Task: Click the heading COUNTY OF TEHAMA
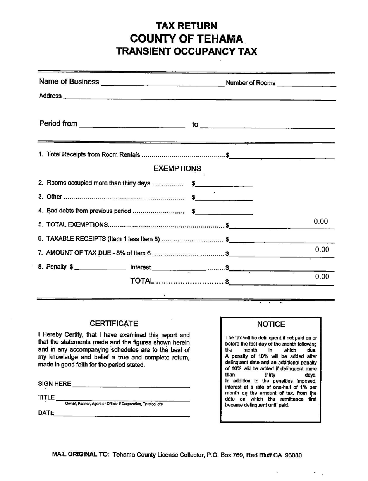coord(187,39)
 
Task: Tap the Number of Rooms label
coord(251,83)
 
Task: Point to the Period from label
coord(58,123)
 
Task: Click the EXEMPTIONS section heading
coord(177,169)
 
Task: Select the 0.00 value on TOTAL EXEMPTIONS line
coord(321,221)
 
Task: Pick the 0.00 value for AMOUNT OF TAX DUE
coord(322,250)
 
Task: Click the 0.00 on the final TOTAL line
coord(322,276)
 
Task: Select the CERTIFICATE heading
coord(113,324)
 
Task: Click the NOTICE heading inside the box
coord(271,324)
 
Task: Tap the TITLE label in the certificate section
coord(46,397)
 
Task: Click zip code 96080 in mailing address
coord(293,455)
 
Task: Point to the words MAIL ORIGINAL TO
coord(81,455)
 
